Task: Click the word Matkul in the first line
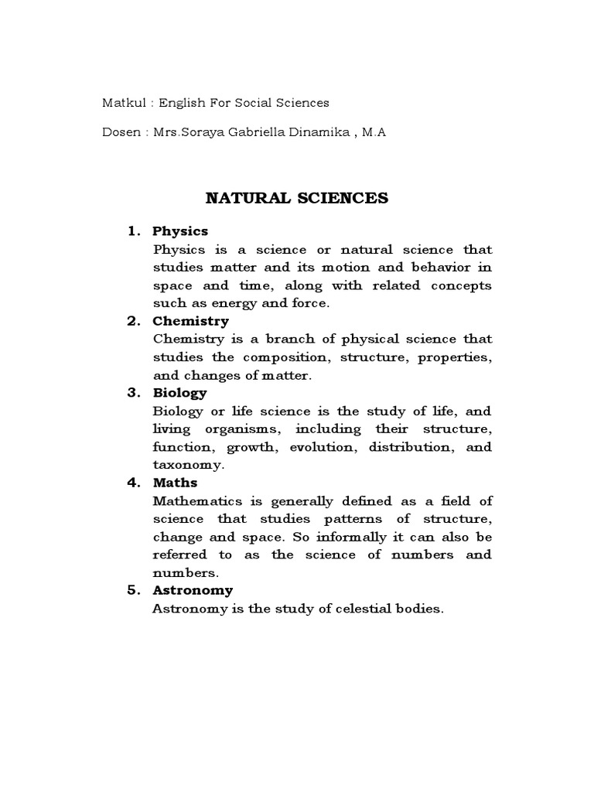pos(120,102)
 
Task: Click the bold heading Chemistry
pos(190,320)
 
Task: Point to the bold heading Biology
pos(179,392)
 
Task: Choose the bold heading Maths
pos(175,483)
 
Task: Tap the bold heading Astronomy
pos(192,590)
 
